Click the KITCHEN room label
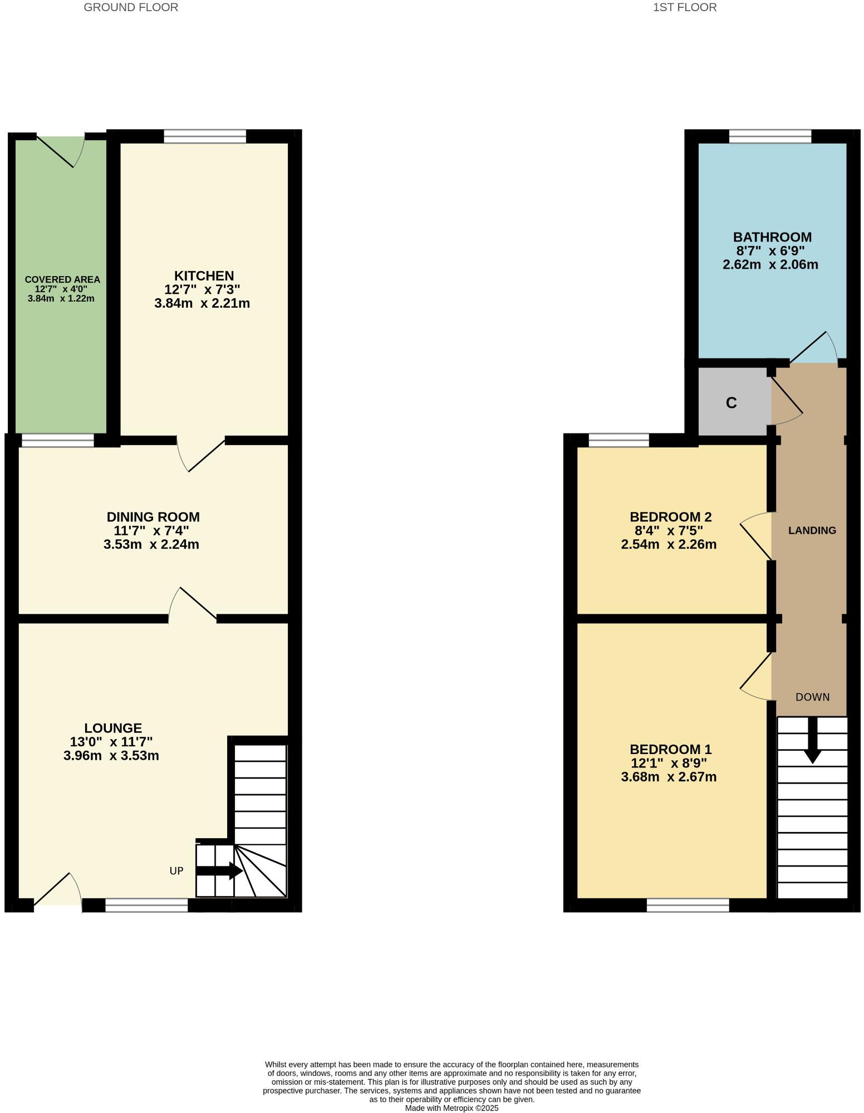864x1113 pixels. pyautogui.click(x=204, y=276)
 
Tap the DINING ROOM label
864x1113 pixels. pyautogui.click(x=153, y=517)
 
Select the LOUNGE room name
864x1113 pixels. pyautogui.click(x=113, y=728)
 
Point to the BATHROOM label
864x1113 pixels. pyautogui.click(x=772, y=237)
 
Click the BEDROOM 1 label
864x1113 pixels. pyautogui.click(x=670, y=750)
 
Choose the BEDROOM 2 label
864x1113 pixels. pyautogui.click(x=670, y=517)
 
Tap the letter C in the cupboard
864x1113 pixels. pyautogui.click(x=732, y=403)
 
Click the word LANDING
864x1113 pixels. pyautogui.click(x=812, y=530)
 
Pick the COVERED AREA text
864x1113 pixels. pyautogui.click(x=62, y=279)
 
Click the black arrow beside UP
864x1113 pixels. pyautogui.click(x=219, y=871)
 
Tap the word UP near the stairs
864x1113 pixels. pyautogui.click(x=176, y=871)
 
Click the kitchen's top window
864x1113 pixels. pyautogui.click(x=205, y=136)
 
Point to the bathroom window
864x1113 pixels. pyautogui.click(x=770, y=136)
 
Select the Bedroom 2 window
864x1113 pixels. pyautogui.click(x=618, y=440)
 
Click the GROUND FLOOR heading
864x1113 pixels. pyautogui.click(x=131, y=7)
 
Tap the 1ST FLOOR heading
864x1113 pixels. pyautogui.click(x=685, y=7)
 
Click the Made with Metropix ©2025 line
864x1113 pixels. pyautogui.click(x=451, y=1108)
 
